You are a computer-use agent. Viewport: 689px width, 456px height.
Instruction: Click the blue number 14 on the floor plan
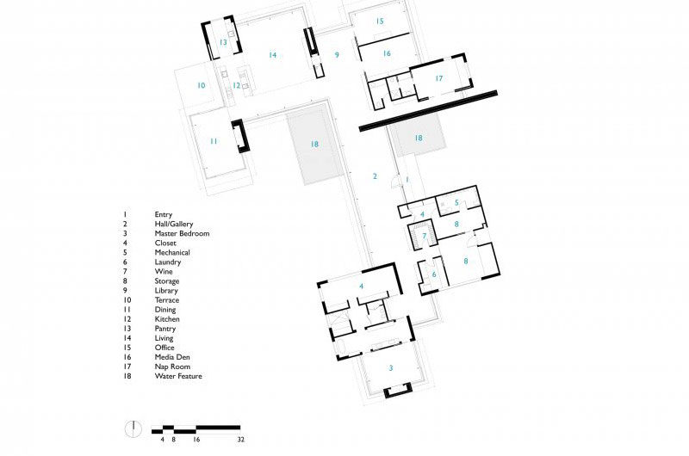coord(272,55)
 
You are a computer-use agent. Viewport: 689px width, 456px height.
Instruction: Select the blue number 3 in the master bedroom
coord(390,367)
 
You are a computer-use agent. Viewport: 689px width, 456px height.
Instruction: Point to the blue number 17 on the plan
coord(438,78)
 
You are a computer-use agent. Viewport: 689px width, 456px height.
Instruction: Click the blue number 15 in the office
coord(380,21)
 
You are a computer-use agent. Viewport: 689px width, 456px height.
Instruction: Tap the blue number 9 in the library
coord(338,55)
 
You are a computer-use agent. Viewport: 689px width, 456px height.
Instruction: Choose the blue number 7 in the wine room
coord(424,235)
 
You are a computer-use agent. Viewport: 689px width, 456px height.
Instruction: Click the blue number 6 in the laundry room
coord(433,274)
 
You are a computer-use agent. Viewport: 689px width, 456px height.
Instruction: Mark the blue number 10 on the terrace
coord(201,85)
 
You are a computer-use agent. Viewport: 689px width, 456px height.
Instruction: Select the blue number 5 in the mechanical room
coord(456,203)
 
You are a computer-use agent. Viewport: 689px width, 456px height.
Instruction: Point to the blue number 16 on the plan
coord(387,53)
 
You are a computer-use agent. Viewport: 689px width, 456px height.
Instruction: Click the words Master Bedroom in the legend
coord(182,233)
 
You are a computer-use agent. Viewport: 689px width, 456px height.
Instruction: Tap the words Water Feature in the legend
coord(178,376)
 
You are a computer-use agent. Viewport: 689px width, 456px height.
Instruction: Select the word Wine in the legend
coord(163,271)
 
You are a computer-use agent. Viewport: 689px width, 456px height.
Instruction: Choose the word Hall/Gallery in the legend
coord(174,224)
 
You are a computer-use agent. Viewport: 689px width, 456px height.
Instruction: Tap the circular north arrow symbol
coord(133,428)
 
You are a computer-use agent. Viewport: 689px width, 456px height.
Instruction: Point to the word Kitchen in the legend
coord(167,319)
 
